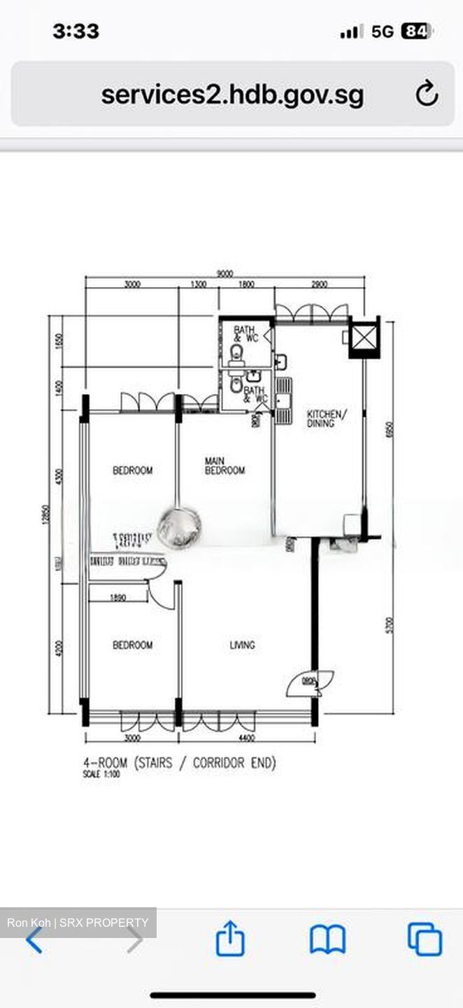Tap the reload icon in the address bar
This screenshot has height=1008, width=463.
click(x=426, y=94)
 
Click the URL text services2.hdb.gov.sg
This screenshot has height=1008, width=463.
click(x=232, y=94)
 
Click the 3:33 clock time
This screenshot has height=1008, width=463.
click(x=76, y=31)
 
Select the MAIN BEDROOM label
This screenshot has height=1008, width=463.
click(x=225, y=465)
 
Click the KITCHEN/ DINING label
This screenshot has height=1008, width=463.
click(x=326, y=419)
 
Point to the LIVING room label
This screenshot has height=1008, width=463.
click(x=243, y=645)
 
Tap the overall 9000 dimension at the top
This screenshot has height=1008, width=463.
click(x=225, y=274)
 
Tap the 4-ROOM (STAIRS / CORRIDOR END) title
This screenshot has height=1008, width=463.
click(x=179, y=762)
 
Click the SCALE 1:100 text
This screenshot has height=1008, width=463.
click(x=101, y=775)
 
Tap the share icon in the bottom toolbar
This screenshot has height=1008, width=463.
click(x=230, y=939)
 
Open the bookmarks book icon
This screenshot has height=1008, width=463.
click(x=327, y=939)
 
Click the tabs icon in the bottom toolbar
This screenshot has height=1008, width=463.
click(x=425, y=939)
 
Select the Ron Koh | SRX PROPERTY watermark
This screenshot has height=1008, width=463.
click(x=78, y=923)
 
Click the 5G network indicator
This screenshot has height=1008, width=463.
click(x=383, y=31)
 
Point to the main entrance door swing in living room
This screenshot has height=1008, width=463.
click(x=309, y=682)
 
